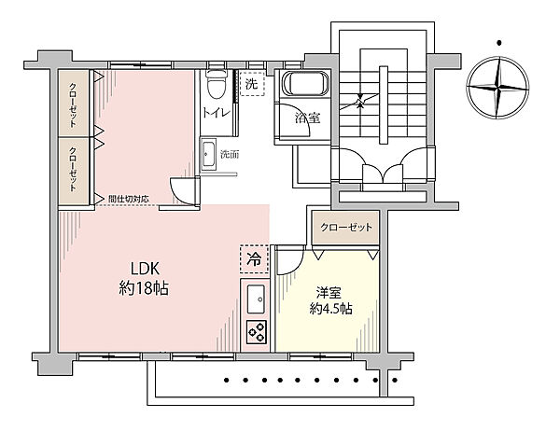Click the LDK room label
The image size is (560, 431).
[x=145, y=269]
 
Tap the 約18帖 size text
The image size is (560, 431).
[x=144, y=288]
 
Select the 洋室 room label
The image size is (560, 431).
[x=329, y=292]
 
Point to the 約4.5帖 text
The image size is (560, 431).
[x=330, y=309]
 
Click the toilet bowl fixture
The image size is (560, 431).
[x=217, y=84]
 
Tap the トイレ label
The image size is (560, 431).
[x=217, y=113]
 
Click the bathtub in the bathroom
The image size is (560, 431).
[x=305, y=84]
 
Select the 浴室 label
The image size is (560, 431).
[x=307, y=118]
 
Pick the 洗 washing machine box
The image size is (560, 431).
[x=252, y=84]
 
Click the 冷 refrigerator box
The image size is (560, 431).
[x=254, y=259]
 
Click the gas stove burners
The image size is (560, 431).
[x=257, y=332]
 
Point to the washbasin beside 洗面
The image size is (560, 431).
[x=208, y=155]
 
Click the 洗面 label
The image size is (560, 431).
[x=229, y=155]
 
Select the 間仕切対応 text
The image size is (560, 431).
[x=129, y=200]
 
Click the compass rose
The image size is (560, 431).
[x=497, y=87]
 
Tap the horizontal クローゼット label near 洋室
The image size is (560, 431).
[x=346, y=227]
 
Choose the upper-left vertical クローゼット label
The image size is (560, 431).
[x=73, y=105]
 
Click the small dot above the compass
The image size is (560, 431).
[x=499, y=43]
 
